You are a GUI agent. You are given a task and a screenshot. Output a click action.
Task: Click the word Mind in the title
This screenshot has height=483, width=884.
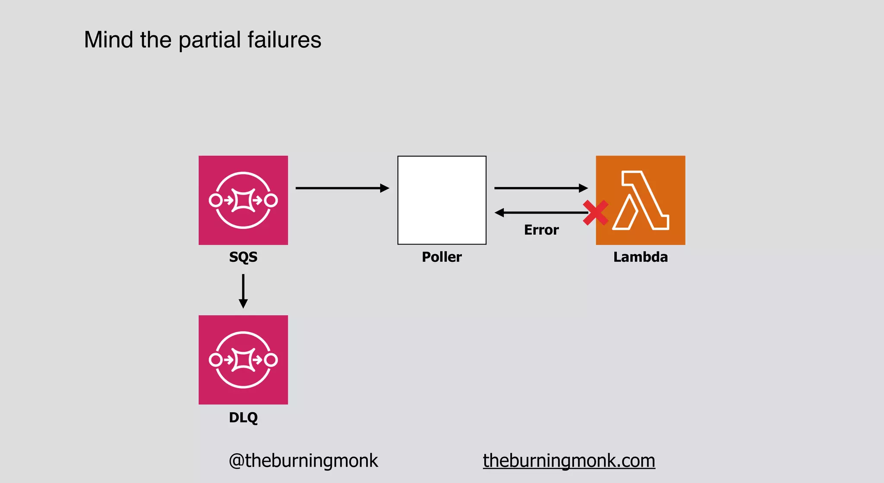pyautogui.click(x=108, y=40)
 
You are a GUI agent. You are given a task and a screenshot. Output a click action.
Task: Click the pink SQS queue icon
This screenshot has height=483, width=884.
pyautogui.click(x=243, y=200)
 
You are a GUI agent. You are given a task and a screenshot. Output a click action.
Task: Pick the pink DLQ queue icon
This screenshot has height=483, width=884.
pyautogui.click(x=243, y=360)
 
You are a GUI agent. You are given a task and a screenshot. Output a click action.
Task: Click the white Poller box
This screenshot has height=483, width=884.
pyautogui.click(x=442, y=200)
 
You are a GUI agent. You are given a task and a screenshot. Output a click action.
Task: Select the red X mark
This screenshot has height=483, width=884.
pyautogui.click(x=595, y=213)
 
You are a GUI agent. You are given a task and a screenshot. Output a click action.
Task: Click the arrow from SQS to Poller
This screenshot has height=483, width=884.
pyautogui.click(x=342, y=188)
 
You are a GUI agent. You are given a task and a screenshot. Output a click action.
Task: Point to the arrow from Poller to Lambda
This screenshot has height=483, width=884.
pyautogui.click(x=540, y=188)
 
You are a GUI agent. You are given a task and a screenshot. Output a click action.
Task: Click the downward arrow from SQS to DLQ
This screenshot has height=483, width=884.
pyautogui.click(x=243, y=291)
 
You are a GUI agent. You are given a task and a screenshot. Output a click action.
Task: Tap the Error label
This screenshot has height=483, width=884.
pyautogui.click(x=541, y=230)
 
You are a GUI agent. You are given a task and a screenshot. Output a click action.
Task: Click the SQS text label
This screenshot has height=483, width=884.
pyautogui.click(x=243, y=257)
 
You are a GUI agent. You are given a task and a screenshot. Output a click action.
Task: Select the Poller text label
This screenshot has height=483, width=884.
pyautogui.click(x=442, y=257)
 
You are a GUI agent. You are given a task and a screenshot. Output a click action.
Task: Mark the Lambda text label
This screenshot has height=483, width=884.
pyautogui.click(x=641, y=257)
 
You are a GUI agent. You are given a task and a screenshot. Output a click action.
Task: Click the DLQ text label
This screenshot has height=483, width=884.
pyautogui.click(x=243, y=417)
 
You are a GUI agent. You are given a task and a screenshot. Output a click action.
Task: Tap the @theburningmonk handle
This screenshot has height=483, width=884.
pyautogui.click(x=303, y=461)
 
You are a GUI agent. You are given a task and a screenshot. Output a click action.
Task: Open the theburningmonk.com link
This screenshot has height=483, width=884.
pyautogui.click(x=569, y=461)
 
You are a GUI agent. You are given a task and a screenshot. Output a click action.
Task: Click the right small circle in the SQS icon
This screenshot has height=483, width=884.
pyautogui.click(x=271, y=200)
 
